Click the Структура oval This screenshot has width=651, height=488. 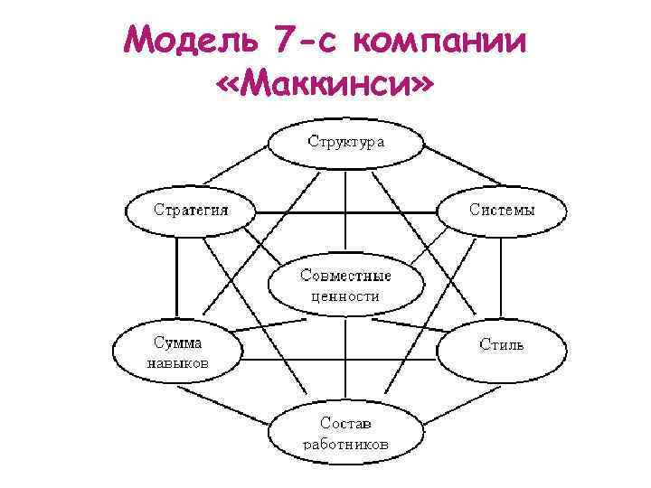[345, 142]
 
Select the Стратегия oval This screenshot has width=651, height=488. [190, 210]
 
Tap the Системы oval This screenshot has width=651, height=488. [502, 210]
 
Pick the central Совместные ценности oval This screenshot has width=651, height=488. [345, 286]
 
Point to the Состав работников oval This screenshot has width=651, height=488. [345, 433]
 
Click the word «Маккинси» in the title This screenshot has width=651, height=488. [325, 87]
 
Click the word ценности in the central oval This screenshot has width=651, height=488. [345, 296]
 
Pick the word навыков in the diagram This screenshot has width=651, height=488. [177, 362]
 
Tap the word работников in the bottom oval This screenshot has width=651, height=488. [345, 444]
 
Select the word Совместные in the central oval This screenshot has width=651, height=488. [345, 275]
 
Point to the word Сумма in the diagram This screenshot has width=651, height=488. [177, 343]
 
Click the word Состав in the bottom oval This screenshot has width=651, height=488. [345, 422]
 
